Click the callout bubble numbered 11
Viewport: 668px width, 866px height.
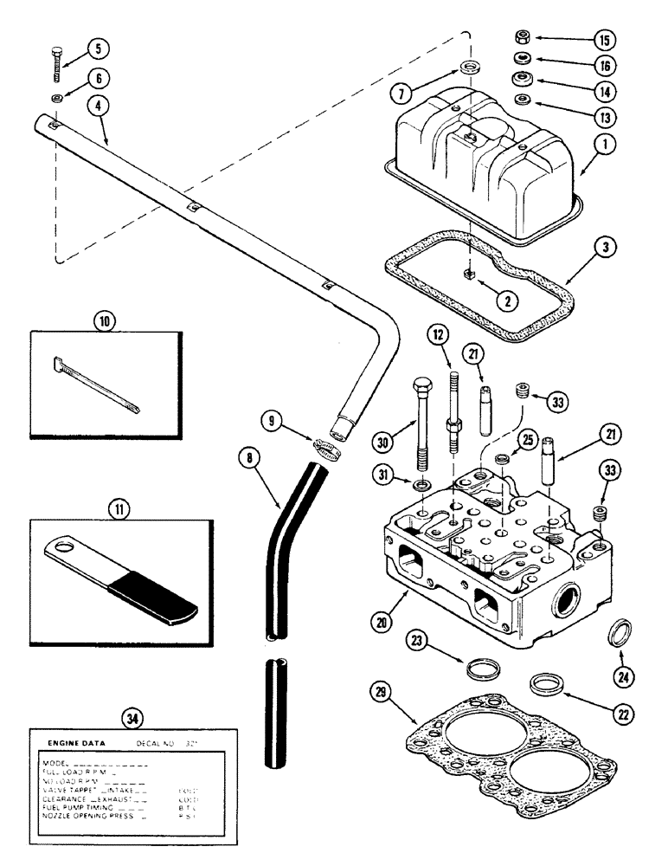coord(117,510)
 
